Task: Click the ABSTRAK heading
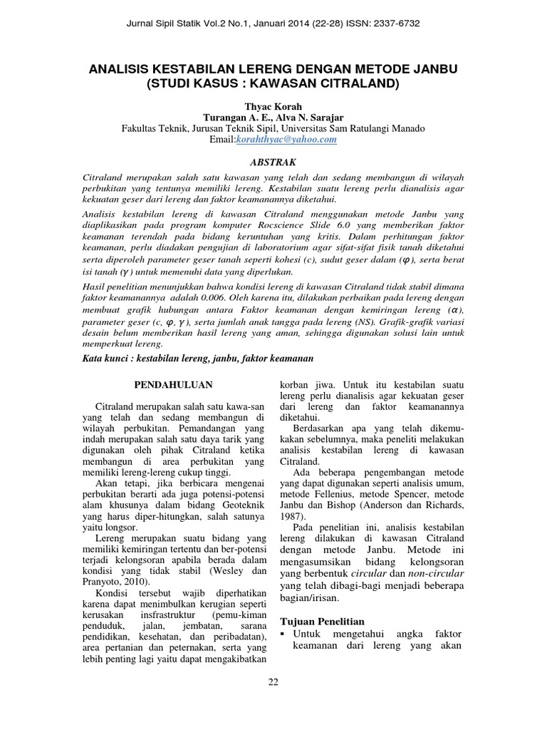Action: click(x=273, y=163)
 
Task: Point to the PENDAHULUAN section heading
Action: click(x=174, y=384)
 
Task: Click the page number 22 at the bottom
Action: click(x=273, y=682)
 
